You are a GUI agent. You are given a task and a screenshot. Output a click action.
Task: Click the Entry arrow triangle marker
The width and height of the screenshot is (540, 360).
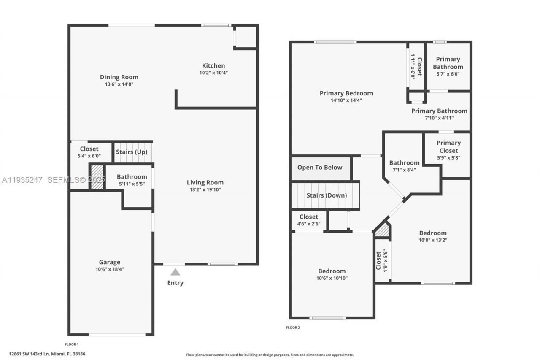(175, 273)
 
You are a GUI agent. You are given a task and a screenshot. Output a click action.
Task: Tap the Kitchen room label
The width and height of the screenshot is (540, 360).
(213, 66)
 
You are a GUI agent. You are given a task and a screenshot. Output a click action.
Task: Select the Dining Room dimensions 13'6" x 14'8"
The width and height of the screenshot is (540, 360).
(119, 84)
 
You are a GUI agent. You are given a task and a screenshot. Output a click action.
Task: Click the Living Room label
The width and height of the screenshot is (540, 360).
(205, 183)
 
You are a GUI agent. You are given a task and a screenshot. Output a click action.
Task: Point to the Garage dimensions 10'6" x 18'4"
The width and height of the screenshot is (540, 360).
(110, 269)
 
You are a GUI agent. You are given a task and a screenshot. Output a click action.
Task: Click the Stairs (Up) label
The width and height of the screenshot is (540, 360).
(132, 152)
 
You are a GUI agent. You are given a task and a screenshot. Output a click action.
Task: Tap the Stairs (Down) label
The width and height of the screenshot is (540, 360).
(327, 195)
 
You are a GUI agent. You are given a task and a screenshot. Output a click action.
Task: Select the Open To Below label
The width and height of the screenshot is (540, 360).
(320, 168)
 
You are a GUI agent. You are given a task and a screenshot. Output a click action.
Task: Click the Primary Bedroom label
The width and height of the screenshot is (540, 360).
(346, 93)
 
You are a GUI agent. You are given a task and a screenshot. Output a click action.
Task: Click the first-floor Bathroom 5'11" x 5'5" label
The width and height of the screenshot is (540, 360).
(132, 177)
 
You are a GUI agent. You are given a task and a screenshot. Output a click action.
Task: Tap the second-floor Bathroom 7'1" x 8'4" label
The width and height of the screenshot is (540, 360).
(404, 163)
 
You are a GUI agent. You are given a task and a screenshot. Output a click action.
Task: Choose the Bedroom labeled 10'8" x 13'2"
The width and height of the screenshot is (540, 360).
(432, 233)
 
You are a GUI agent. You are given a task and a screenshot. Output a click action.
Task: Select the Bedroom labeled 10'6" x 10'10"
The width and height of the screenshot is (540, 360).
(332, 271)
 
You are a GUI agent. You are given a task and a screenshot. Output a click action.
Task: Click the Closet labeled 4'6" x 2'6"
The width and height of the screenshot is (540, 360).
(309, 217)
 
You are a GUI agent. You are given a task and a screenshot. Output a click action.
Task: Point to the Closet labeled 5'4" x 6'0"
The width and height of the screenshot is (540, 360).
(89, 149)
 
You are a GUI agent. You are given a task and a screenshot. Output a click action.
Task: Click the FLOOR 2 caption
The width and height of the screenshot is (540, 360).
(293, 328)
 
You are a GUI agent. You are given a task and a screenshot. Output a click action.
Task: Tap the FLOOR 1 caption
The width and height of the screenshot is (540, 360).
(72, 344)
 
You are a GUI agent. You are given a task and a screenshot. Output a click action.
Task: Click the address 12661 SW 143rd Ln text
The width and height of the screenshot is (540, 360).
(47, 354)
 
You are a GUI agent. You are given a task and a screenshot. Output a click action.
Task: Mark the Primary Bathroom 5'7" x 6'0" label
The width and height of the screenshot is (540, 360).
(448, 63)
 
